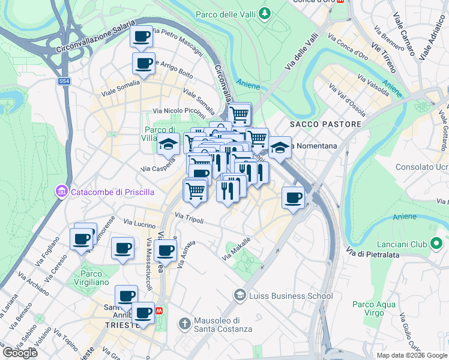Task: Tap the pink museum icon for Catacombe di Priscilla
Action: (x=61, y=191)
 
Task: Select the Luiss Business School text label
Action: (x=292, y=295)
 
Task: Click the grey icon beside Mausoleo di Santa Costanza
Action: (x=185, y=324)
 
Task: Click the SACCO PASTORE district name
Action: (x=325, y=124)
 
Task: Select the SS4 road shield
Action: (x=64, y=81)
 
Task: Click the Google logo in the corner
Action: (x=20, y=353)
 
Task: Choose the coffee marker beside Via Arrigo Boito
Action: (x=144, y=64)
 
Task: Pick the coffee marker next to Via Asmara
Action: (x=166, y=250)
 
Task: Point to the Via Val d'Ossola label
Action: (x=348, y=97)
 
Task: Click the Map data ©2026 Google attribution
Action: (x=412, y=355)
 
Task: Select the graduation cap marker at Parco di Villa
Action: (x=169, y=144)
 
